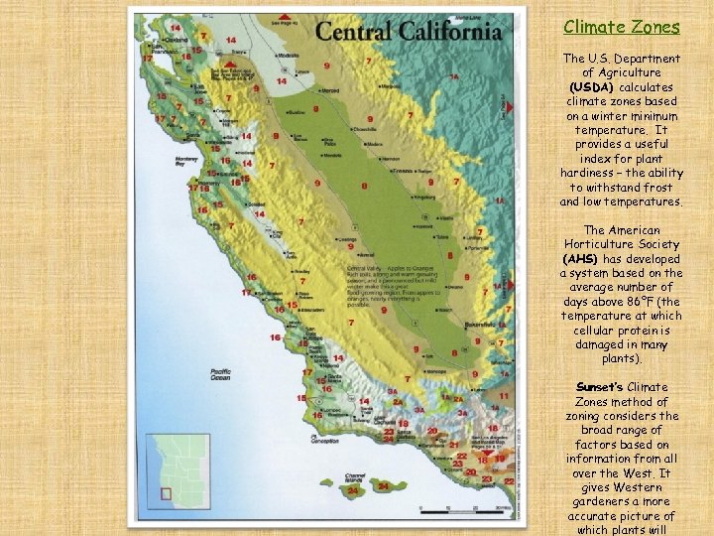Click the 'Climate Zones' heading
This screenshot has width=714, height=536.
click(622, 28)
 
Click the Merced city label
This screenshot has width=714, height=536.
click(329, 90)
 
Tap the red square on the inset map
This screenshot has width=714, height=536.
click(166, 492)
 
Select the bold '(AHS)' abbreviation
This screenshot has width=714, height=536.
click(580, 259)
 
